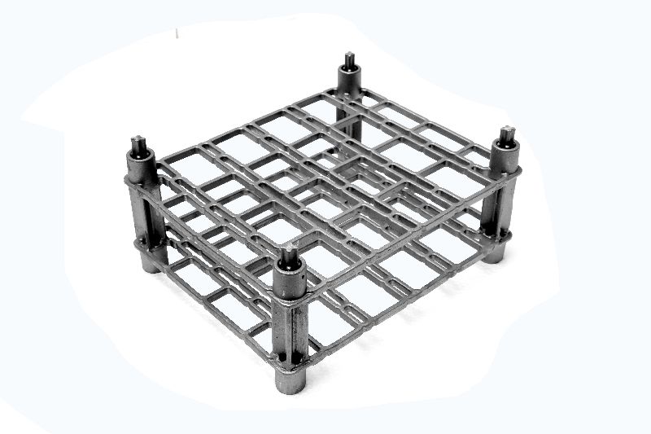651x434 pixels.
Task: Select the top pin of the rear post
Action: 349,60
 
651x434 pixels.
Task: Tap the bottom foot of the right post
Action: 493,253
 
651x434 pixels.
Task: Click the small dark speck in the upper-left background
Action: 176,33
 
